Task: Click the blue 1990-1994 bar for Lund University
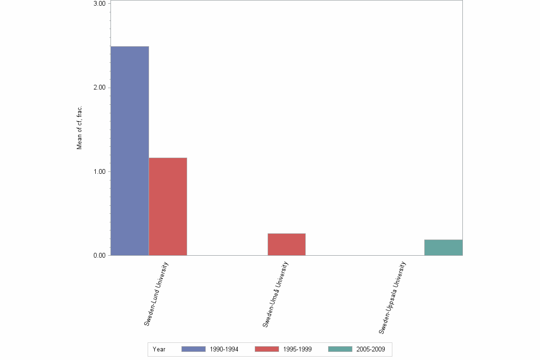[x=130, y=150]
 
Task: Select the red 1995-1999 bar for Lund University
[x=168, y=206]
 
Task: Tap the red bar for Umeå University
[x=286, y=244]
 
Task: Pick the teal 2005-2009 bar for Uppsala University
[x=443, y=247]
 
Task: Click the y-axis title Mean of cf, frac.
[x=80, y=127]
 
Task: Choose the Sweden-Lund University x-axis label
[x=157, y=293]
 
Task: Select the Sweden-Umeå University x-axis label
[x=275, y=294]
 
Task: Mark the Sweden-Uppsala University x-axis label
[x=392, y=297]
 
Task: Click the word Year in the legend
[x=159, y=349]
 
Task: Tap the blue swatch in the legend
[x=193, y=349]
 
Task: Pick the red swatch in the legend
[x=267, y=349]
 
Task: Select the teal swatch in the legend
[x=340, y=349]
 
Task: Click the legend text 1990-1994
[x=224, y=349]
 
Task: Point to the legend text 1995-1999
[x=297, y=349]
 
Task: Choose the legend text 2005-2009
[x=370, y=349]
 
